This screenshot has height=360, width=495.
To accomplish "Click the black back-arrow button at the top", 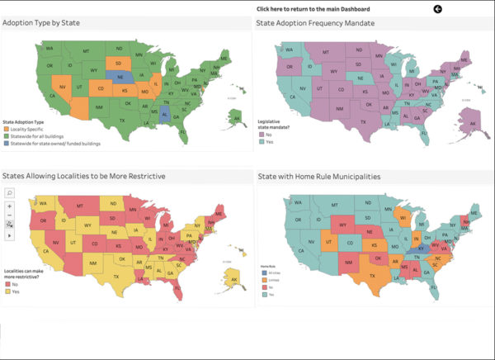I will (437, 9).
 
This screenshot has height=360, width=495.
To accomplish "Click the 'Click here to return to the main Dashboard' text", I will (313, 9).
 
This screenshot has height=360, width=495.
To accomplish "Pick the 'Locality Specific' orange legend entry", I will (30, 129).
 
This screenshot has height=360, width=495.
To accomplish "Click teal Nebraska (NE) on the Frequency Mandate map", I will (365, 73).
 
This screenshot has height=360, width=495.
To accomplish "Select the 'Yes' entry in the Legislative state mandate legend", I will (269, 142).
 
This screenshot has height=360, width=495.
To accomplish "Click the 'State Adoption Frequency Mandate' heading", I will (315, 23).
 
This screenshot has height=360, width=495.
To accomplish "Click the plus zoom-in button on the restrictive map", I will (9, 206).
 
